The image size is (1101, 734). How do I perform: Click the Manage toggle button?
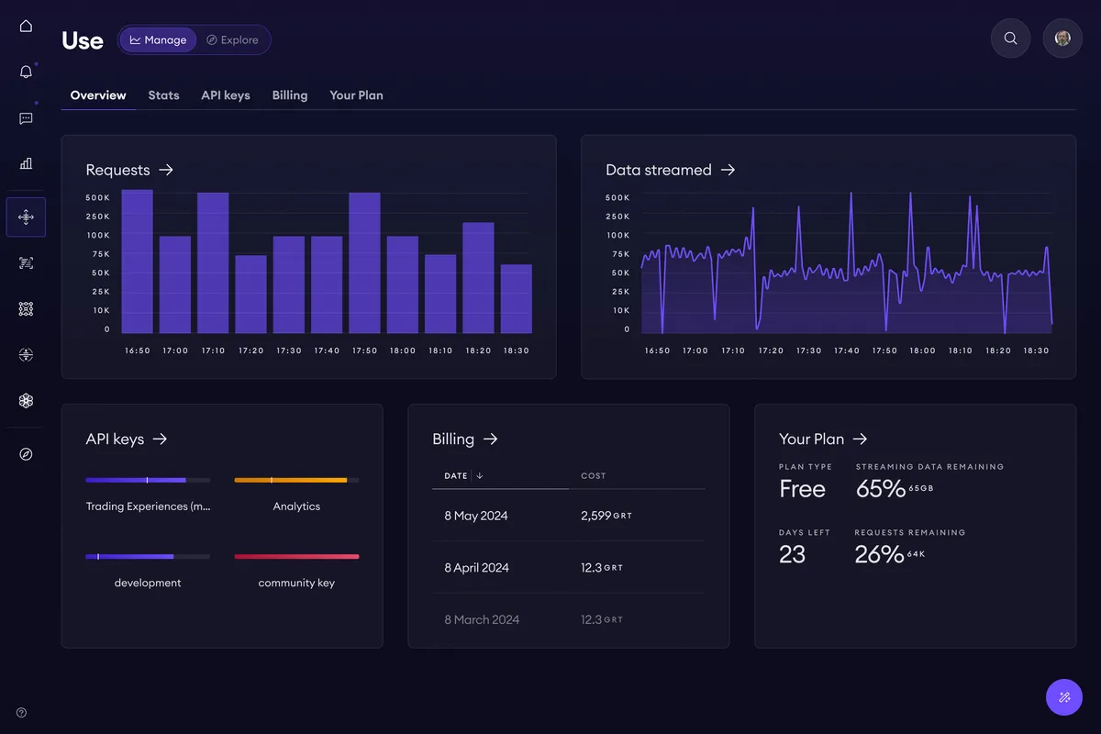pos(158,39)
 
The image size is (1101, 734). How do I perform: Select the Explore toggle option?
pos(232,39)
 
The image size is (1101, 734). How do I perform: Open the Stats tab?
pos(163,95)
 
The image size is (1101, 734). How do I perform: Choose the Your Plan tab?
pos(356,95)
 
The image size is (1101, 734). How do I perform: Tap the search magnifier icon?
pos(1010,39)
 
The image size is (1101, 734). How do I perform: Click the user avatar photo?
pos(1062,39)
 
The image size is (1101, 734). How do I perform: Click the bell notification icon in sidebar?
pos(26,72)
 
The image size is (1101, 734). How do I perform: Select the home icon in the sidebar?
pos(26,26)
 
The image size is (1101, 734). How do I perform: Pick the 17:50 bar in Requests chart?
pos(364,262)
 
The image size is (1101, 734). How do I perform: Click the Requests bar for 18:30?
pos(516,298)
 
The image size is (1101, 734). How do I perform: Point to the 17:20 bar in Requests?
pos(250,294)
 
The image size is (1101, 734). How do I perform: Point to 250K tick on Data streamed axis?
pos(617,217)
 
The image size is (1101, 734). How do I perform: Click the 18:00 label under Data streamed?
pos(922,350)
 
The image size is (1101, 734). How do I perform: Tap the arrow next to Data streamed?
pos(728,170)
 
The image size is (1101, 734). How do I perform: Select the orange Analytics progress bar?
pos(291,480)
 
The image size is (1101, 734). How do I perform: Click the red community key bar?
pos(296,557)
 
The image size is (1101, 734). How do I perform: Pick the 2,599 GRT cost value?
pos(606,516)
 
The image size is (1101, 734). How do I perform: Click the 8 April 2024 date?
pos(476,567)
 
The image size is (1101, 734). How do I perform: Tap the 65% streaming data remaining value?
pos(880,489)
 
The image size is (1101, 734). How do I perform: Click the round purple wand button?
pos(1064,697)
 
